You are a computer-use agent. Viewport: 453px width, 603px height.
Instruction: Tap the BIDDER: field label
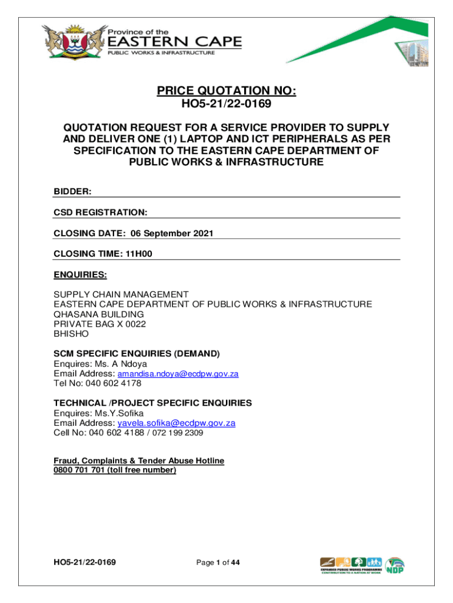point(72,191)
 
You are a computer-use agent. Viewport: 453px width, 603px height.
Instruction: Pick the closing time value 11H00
point(139,254)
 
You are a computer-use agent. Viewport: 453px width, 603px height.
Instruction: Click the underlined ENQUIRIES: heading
point(81,274)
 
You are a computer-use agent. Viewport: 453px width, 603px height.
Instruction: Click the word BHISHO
point(71,333)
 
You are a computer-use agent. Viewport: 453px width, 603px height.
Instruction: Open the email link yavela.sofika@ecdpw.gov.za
point(176,423)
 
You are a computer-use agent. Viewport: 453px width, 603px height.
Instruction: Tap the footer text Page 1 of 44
point(218,563)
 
